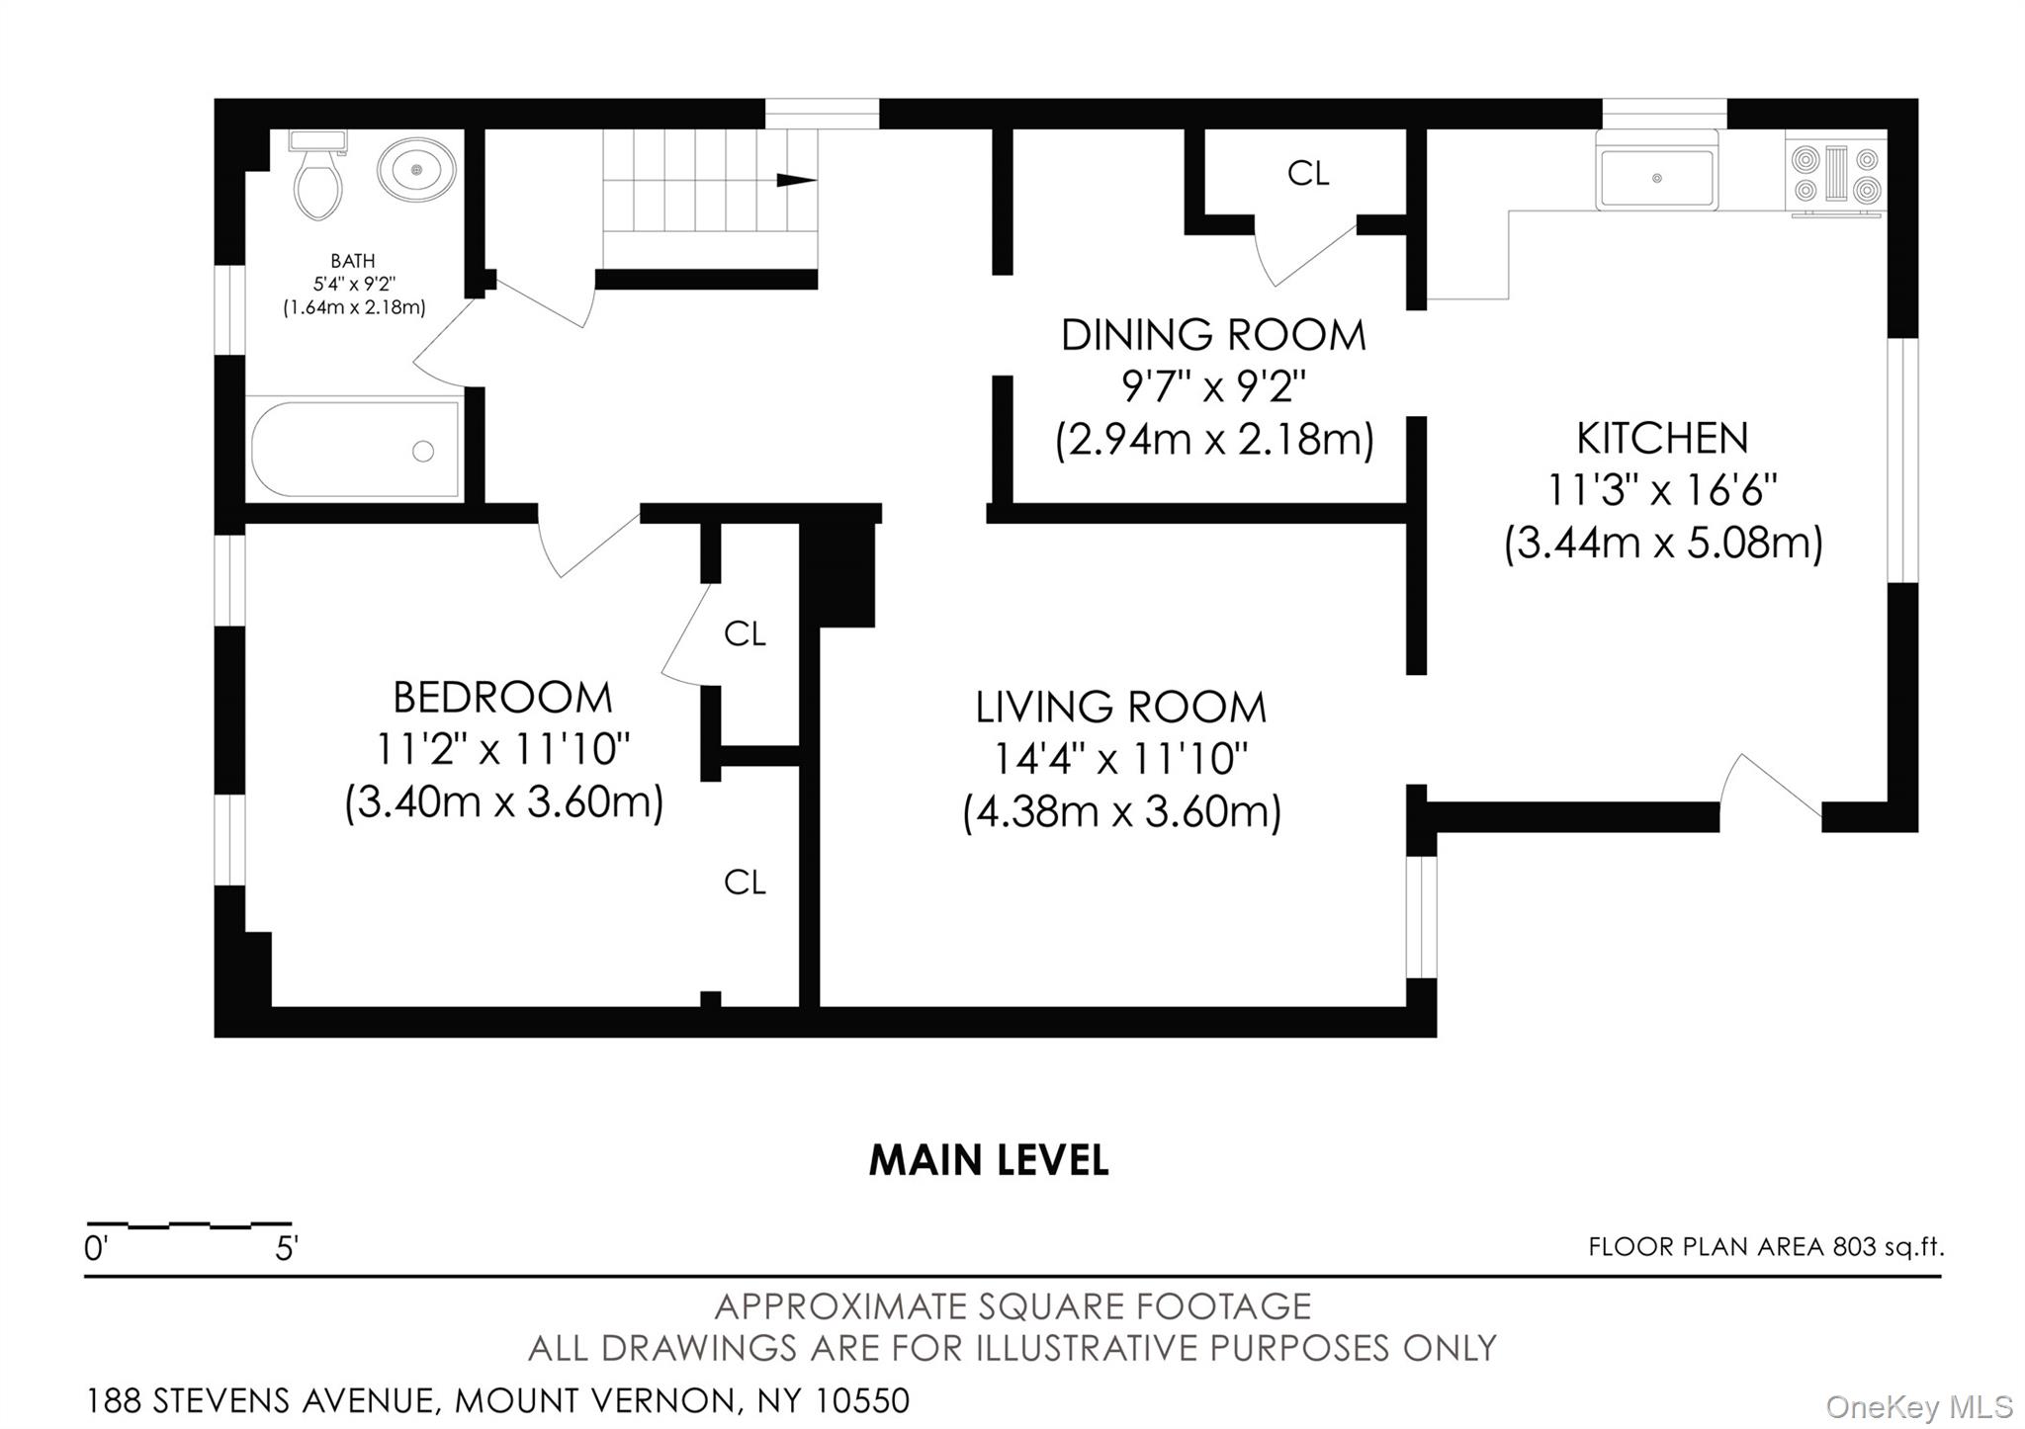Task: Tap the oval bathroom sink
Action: click(x=416, y=170)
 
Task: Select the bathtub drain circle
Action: click(x=423, y=452)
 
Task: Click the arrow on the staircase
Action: click(x=796, y=180)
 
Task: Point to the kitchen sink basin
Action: click(x=1656, y=178)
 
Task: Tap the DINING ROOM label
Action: click(x=1213, y=336)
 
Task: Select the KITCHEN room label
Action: click(x=1662, y=438)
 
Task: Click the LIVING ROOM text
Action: click(x=1120, y=708)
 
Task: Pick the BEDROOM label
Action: click(x=502, y=698)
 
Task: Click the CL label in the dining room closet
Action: click(x=1307, y=174)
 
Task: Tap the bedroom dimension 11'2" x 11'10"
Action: click(x=502, y=749)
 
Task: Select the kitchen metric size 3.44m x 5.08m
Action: click(x=1663, y=543)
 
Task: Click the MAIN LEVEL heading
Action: click(x=988, y=1160)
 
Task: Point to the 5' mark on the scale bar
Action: click(x=286, y=1249)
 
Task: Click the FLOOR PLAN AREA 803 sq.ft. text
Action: click(x=1765, y=1247)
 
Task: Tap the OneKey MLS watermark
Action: click(x=1918, y=1406)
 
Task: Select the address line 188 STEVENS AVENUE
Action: click(x=497, y=1400)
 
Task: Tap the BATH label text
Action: click(x=353, y=261)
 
